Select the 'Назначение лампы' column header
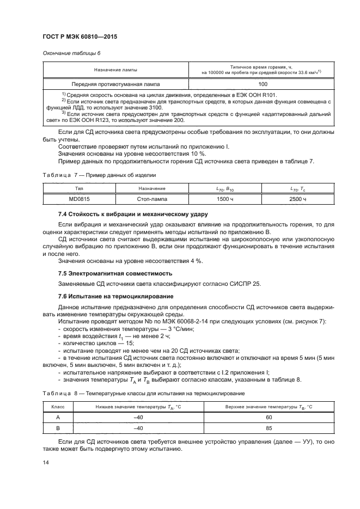[115, 70]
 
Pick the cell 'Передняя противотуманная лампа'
[115, 84]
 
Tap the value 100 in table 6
[263, 84]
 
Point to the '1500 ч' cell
[225, 200]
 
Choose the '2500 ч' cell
[298, 200]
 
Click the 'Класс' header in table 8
[57, 407]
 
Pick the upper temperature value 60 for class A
[269, 418]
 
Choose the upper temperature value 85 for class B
[269, 428]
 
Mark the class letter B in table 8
[57, 428]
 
